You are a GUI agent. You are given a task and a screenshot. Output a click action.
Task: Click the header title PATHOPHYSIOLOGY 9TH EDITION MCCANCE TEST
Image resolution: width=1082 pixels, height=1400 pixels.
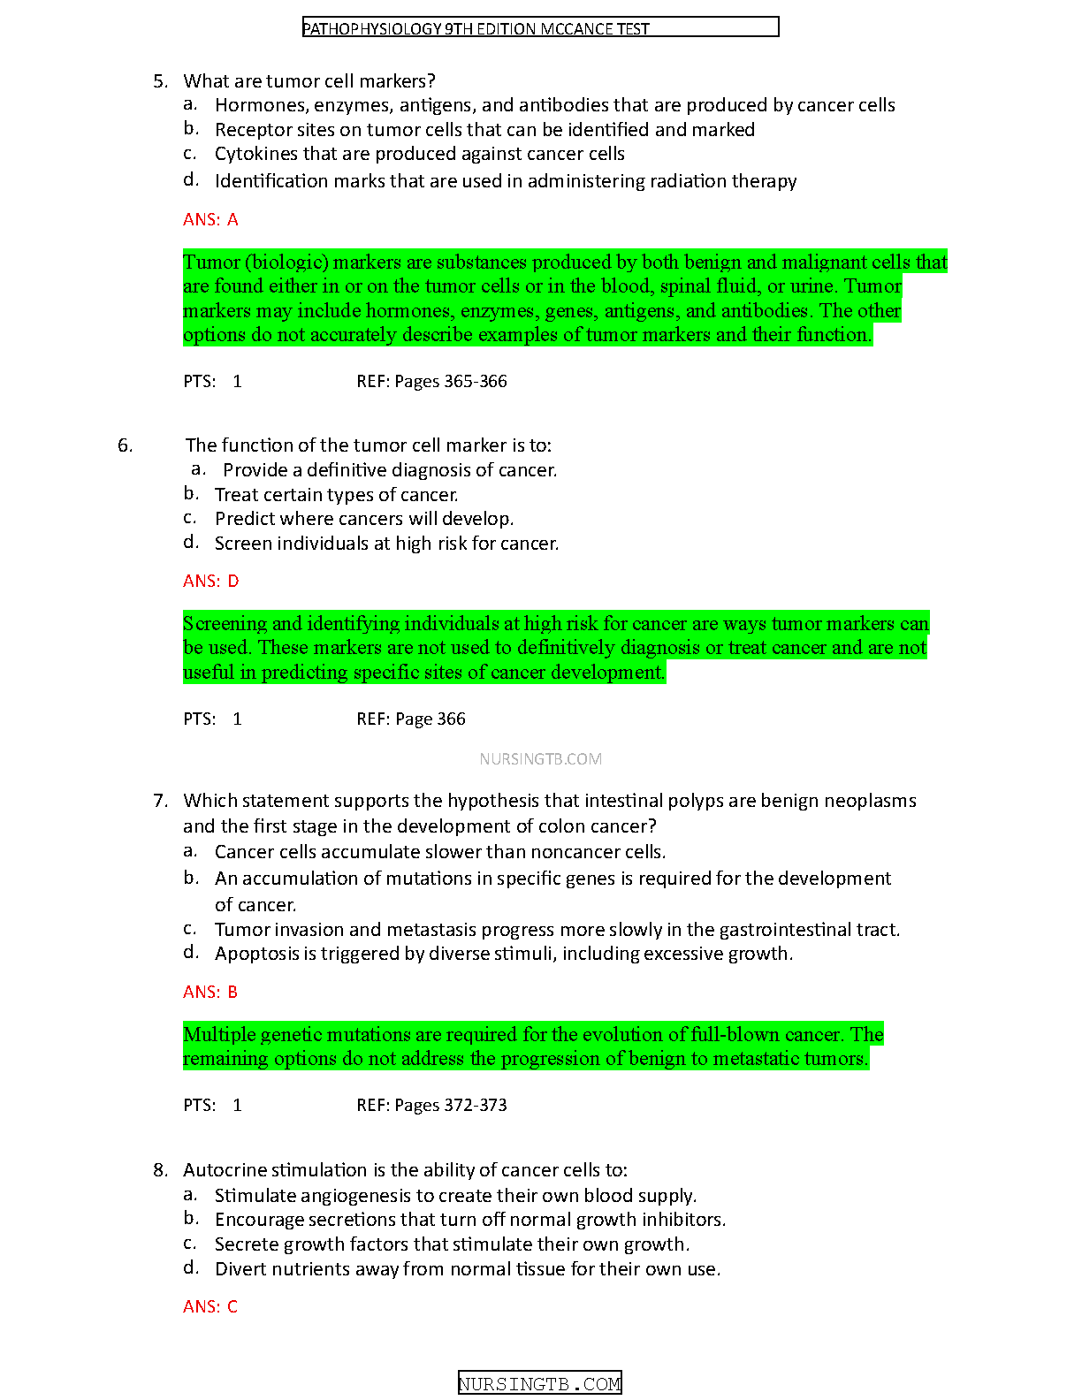[x=476, y=28]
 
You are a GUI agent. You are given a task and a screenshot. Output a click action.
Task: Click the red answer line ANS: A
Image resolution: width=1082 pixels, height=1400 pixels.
[x=210, y=219]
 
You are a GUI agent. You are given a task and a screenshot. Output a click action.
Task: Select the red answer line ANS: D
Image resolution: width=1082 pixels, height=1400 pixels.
[x=210, y=581]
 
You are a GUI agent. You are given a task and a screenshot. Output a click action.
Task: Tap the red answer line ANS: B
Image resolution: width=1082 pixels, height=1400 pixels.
[x=210, y=992]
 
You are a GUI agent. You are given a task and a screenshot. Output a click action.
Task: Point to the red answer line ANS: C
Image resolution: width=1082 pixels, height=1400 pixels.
[x=210, y=1306]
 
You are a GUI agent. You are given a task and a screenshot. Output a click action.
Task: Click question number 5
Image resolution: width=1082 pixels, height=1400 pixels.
[x=160, y=81]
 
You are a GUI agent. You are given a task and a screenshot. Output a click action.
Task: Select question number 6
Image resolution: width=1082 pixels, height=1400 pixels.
[x=125, y=445]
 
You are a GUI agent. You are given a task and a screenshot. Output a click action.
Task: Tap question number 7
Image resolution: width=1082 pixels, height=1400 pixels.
[x=160, y=801]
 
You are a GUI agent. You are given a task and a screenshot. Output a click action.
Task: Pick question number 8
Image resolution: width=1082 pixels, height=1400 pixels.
[x=160, y=1170]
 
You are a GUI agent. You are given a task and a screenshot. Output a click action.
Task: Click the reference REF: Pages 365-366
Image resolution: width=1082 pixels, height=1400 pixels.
[x=431, y=381]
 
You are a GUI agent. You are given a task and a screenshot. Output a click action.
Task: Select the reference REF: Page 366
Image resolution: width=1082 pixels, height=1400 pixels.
[x=411, y=719]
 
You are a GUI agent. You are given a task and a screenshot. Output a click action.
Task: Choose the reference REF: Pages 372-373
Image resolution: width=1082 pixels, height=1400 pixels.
[x=431, y=1105]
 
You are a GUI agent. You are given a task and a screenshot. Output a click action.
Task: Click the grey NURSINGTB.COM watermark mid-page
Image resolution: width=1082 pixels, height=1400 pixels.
[x=540, y=758]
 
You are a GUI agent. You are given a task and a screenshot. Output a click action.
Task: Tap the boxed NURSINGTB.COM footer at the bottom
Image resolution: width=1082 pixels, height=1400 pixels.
[x=540, y=1383]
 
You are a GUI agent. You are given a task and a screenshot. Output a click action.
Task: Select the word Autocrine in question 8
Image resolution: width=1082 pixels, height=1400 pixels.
[x=225, y=1170]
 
